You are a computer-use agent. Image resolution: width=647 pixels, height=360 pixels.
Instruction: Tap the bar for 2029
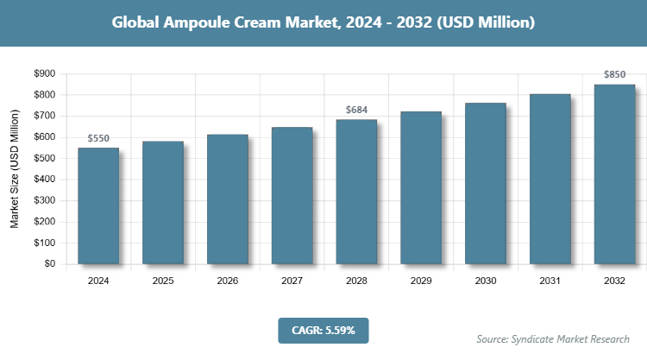(x=421, y=187)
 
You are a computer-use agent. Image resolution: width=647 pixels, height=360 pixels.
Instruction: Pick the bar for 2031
(x=550, y=179)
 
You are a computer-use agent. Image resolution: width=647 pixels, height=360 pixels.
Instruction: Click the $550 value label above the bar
(x=98, y=138)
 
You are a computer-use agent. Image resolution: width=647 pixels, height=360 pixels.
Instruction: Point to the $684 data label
(x=356, y=110)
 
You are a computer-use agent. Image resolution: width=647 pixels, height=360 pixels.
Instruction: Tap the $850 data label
(x=615, y=74)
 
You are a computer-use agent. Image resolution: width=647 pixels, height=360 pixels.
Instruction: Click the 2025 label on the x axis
(x=163, y=281)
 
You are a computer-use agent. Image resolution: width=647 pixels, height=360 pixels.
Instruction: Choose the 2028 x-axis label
(x=356, y=281)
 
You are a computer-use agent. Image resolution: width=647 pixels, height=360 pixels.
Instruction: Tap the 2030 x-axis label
(x=486, y=281)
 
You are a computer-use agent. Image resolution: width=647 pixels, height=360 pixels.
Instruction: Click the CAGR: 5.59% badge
(x=323, y=330)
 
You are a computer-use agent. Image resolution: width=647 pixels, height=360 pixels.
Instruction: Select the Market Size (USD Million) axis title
(x=15, y=168)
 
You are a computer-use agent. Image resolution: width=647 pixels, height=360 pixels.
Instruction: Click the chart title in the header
(x=323, y=23)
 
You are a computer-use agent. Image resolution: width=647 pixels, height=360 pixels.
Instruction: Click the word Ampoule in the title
(x=196, y=23)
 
